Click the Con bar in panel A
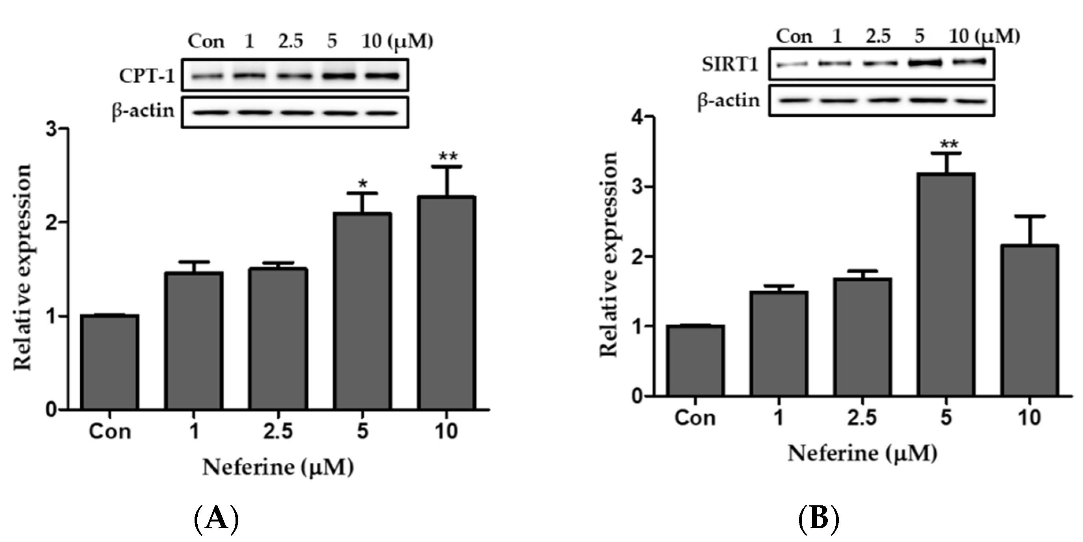click(x=110, y=362)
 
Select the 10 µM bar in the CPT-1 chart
click(x=447, y=303)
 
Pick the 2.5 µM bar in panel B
click(x=863, y=337)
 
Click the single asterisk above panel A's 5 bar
click(x=362, y=184)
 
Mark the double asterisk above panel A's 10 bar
click(x=448, y=157)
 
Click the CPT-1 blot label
click(x=147, y=76)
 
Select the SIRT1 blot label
click(x=730, y=64)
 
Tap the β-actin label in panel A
click(x=143, y=111)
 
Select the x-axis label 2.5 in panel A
click(x=278, y=431)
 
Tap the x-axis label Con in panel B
click(x=695, y=418)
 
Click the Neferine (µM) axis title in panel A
click(x=278, y=467)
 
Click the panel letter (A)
click(x=217, y=518)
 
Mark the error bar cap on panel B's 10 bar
click(x=1030, y=216)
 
